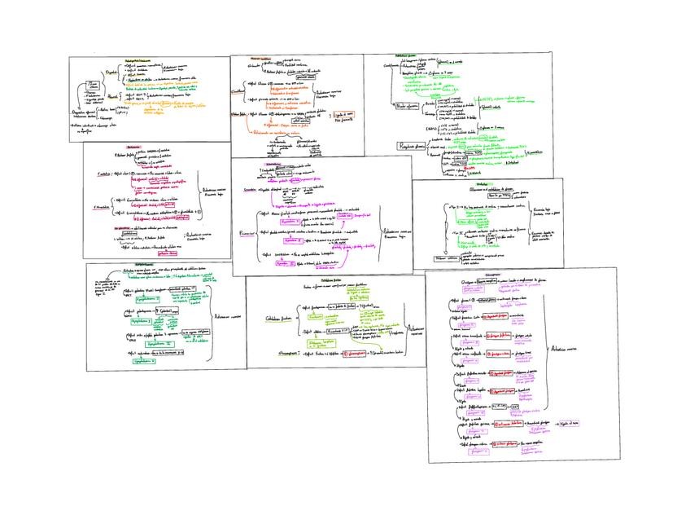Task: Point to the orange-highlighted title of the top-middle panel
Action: click(x=260, y=59)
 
